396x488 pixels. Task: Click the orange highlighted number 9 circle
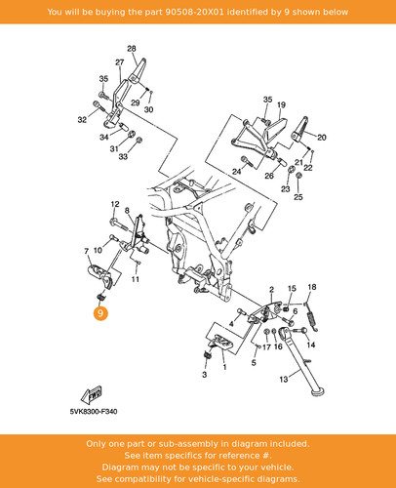[100, 313]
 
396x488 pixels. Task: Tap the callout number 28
[132, 49]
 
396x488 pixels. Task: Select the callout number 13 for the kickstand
[284, 379]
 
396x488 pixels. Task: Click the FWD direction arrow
[92, 395]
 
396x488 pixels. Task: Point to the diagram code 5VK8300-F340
[94, 412]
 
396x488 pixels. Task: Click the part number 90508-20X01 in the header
[194, 12]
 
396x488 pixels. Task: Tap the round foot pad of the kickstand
[318, 391]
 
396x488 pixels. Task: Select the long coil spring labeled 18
[312, 321]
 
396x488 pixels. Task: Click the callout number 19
[281, 104]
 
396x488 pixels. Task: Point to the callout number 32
[82, 120]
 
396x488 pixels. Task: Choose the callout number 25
[298, 197]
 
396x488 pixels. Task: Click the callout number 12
[115, 204]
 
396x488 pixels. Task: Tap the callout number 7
[86, 251]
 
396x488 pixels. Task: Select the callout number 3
[204, 375]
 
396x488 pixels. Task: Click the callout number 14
[311, 345]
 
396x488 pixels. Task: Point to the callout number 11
[136, 279]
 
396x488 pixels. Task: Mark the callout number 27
[120, 62]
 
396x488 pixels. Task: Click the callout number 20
[322, 138]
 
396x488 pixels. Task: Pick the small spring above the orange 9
[100, 297]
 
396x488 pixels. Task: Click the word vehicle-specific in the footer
[221, 479]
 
